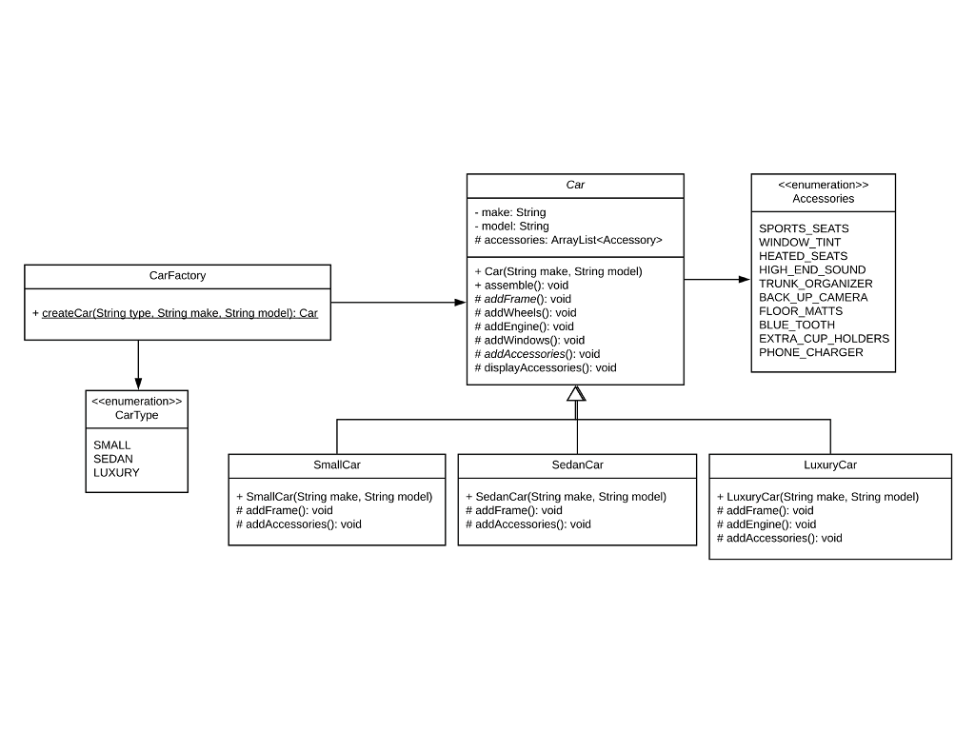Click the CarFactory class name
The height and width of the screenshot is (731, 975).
coord(177,276)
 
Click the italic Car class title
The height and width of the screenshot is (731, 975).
coord(575,186)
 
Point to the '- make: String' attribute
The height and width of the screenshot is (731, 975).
coord(510,212)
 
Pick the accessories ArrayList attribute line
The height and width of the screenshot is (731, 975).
coord(567,240)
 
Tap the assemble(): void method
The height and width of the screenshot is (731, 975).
coord(521,285)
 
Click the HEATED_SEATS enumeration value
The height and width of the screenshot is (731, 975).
coord(803,256)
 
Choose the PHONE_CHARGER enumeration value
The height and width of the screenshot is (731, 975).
coord(810,352)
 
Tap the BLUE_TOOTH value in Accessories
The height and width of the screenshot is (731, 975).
coord(796,325)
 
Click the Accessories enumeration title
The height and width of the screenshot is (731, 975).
coord(823,199)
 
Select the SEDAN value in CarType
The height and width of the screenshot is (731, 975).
coord(113,459)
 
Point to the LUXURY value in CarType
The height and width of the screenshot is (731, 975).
coord(116,472)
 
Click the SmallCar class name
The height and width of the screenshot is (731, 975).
coord(337,465)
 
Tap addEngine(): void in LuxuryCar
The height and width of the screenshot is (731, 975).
coord(766,524)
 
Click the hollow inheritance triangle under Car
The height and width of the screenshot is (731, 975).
coord(576,393)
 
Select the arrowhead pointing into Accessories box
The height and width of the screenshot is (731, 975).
coord(745,280)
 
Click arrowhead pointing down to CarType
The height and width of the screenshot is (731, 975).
coord(138,384)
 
